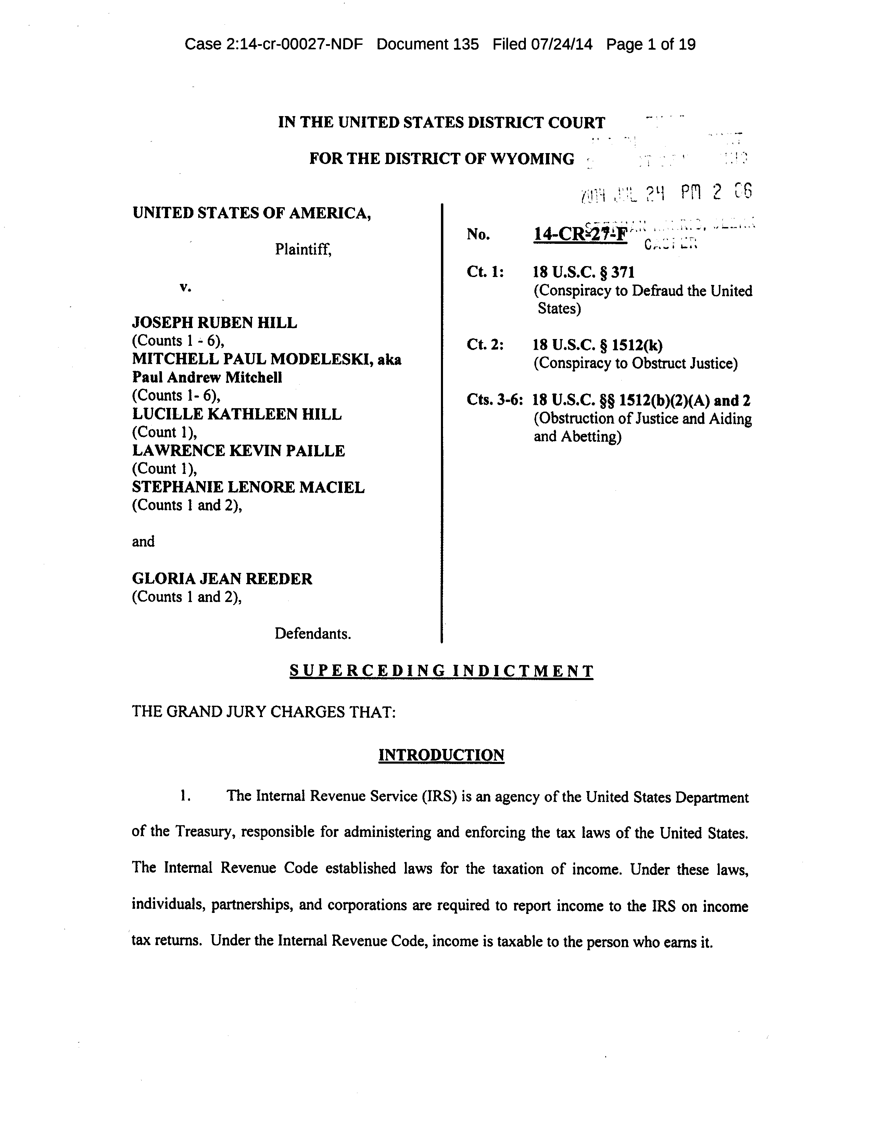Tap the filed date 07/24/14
[x=561, y=45]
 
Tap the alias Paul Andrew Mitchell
[x=207, y=377]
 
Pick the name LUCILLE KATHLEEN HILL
[x=237, y=414]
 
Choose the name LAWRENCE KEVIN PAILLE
[x=238, y=451]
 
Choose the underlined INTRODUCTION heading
[x=441, y=755]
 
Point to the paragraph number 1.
[x=185, y=796]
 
